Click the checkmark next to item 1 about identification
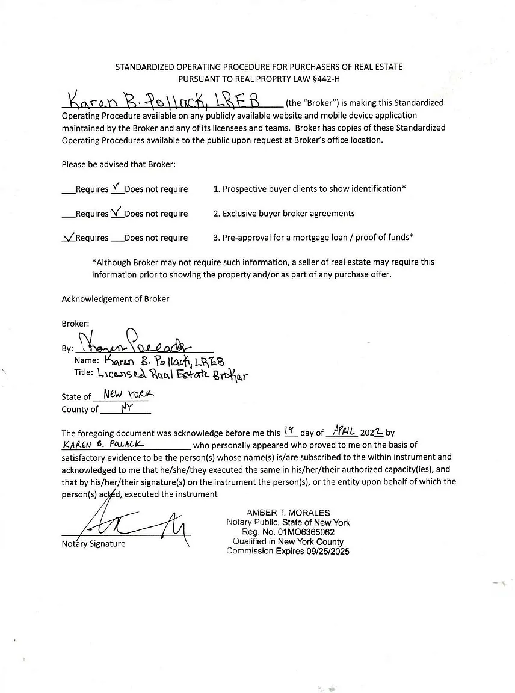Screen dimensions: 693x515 pos(117,187)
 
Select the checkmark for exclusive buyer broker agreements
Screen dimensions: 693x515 pos(117,212)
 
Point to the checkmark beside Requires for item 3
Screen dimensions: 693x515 pos(68,237)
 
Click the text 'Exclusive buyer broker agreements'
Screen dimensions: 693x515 pos(288,213)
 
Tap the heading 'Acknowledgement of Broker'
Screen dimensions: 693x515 pos(116,299)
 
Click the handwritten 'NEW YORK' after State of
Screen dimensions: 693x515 pos(128,395)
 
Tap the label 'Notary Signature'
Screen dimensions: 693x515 pos(93,544)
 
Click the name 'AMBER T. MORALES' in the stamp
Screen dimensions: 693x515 pos(288,513)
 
